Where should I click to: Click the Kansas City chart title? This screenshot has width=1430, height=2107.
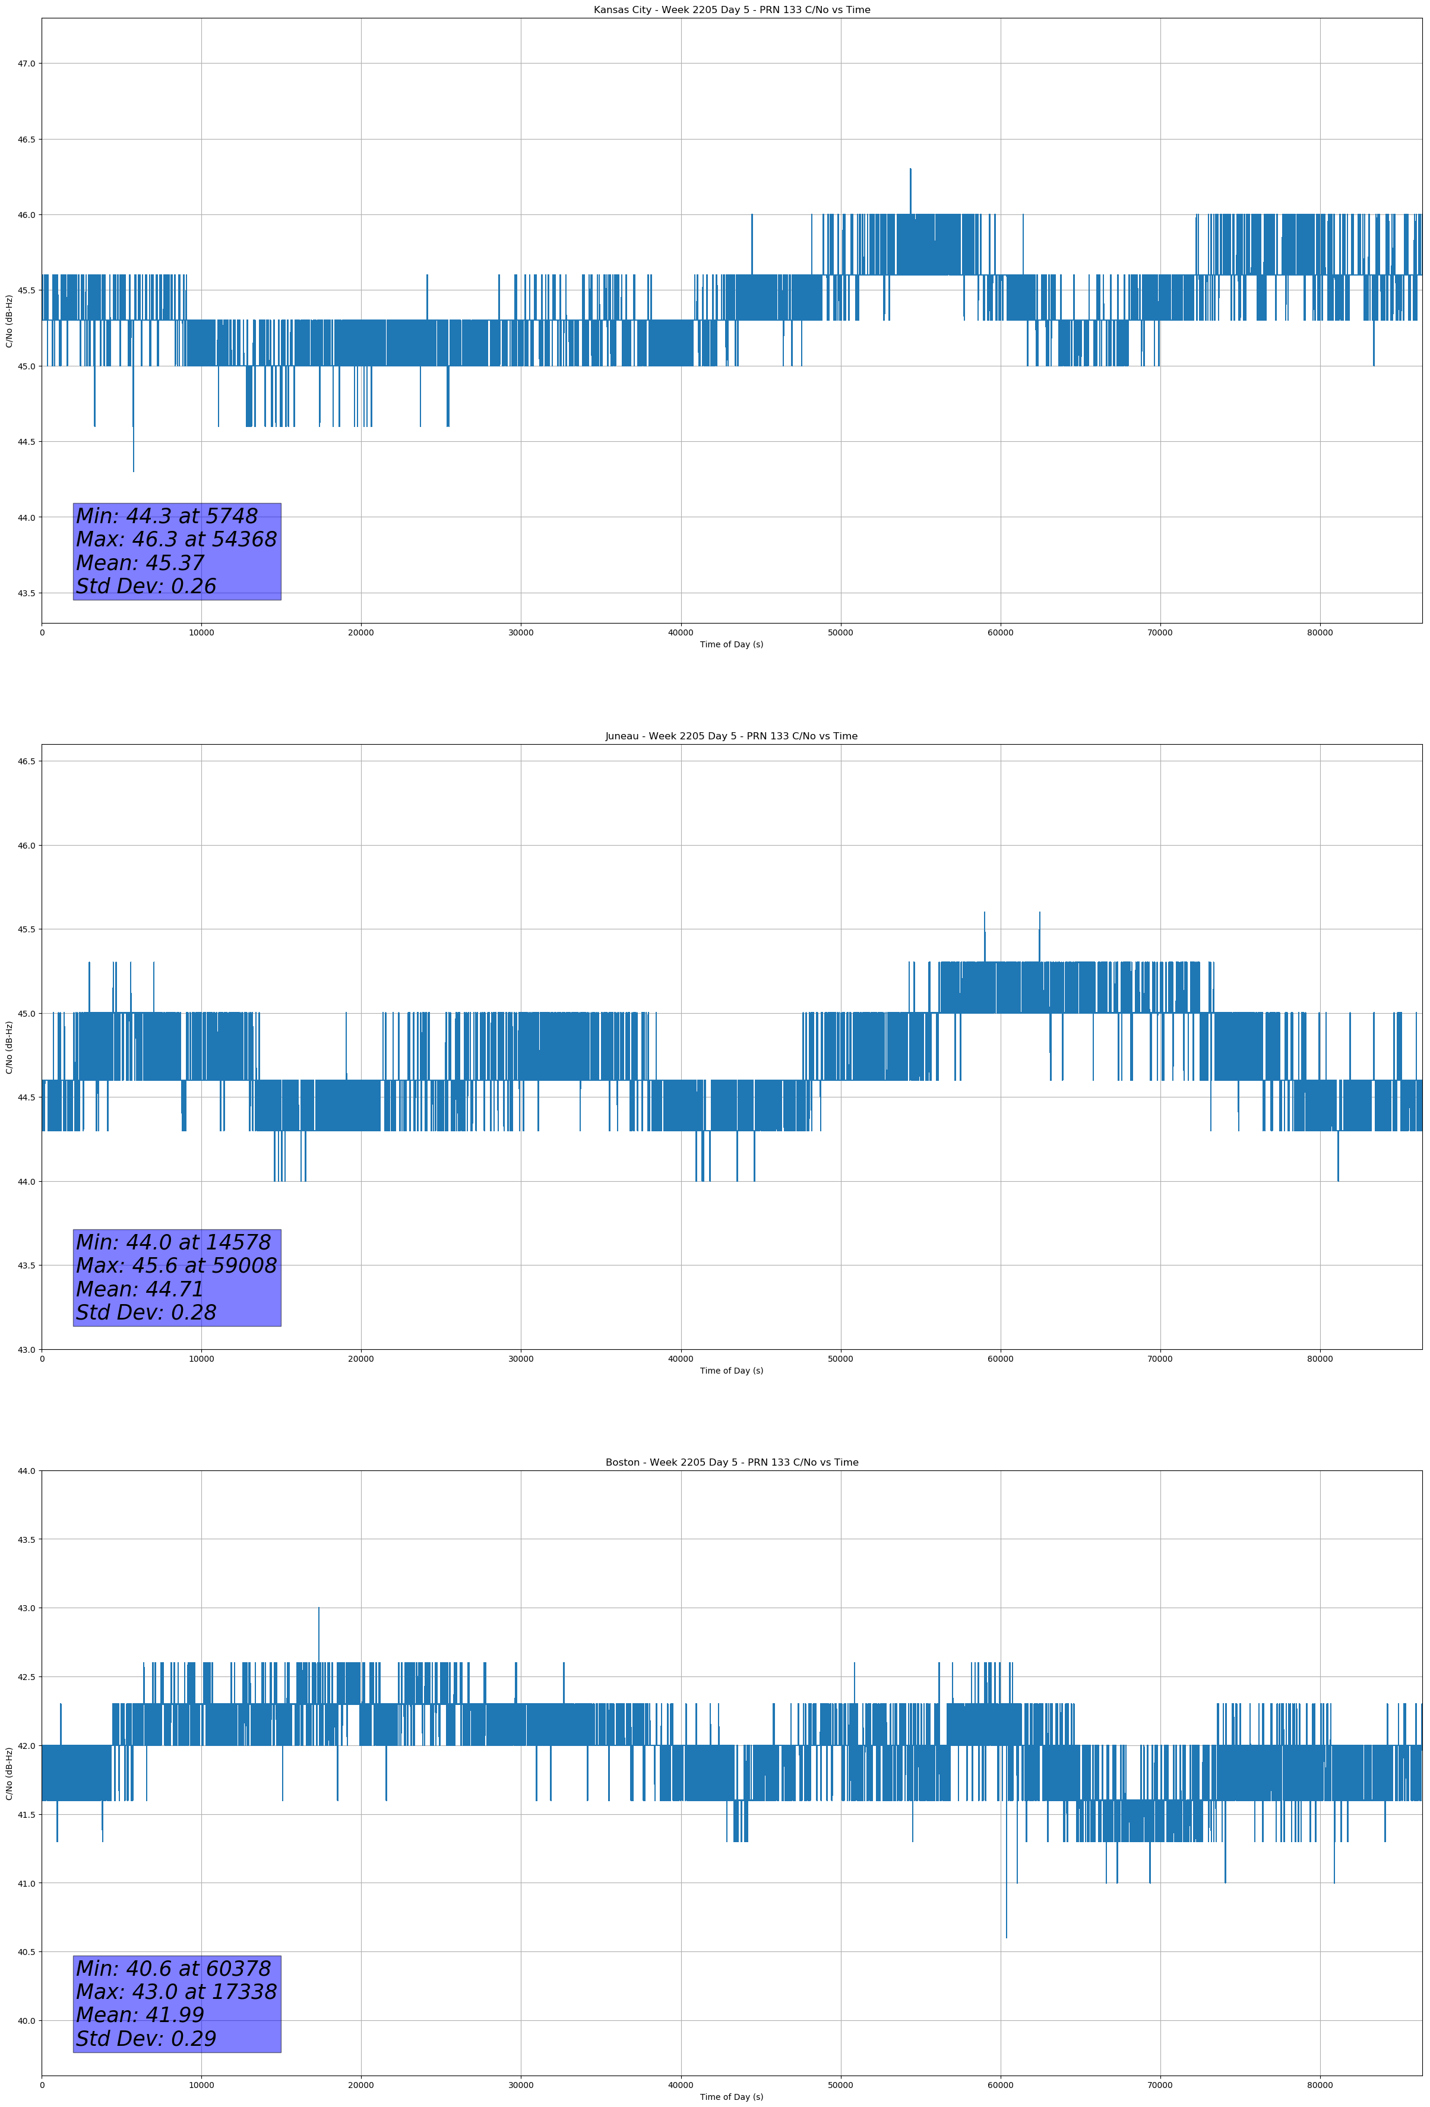coord(731,10)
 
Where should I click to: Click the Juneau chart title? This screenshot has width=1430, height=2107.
coord(731,736)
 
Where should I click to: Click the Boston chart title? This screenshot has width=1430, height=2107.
coord(731,1463)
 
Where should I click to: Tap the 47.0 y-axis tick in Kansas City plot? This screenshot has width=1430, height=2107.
coord(26,64)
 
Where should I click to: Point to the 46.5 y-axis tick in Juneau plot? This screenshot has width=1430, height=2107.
coord(26,761)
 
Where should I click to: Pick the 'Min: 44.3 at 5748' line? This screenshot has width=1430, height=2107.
coord(167,516)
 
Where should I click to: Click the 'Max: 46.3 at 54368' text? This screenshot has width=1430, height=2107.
coord(176,539)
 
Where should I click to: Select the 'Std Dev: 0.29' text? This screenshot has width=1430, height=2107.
coord(146,2039)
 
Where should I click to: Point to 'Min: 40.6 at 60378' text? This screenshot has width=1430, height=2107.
coord(173,1968)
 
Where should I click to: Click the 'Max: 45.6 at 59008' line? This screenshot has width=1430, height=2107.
coord(176,1266)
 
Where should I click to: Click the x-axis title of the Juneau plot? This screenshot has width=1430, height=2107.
coord(731,1371)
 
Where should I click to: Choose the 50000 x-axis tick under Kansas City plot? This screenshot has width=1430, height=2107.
coord(840,633)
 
